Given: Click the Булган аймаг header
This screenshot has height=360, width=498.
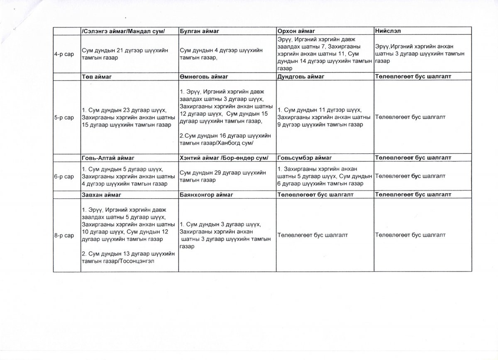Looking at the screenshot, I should pos(200,31).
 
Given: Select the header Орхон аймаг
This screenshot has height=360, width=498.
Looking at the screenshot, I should pos(296,31).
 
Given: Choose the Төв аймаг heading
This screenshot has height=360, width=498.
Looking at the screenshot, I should pos(98,77).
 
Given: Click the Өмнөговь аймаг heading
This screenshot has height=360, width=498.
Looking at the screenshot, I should pos(203,77).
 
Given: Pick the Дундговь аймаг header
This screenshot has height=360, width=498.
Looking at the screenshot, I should pos(301,77).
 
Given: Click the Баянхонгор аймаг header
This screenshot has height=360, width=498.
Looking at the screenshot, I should pos(207,194).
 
